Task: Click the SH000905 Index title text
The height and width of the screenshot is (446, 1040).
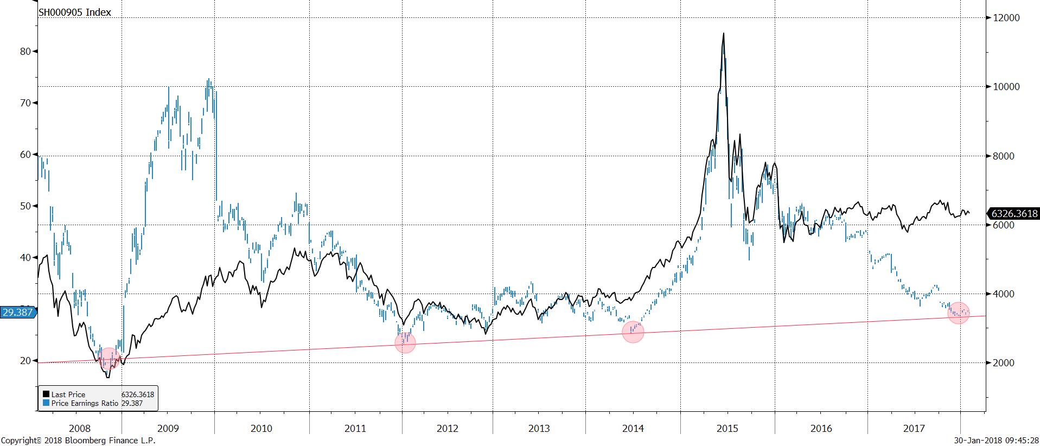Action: point(74,12)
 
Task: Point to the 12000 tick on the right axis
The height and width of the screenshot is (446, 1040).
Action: point(1006,18)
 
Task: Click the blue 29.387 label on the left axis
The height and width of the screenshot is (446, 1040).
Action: point(17,313)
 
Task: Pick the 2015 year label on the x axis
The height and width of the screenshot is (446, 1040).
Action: point(727,429)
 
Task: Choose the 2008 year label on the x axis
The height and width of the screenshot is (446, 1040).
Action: point(80,429)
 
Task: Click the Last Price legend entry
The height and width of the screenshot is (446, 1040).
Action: point(68,394)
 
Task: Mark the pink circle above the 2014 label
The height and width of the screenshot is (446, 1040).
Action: point(633,332)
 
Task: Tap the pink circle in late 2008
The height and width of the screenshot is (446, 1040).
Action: point(109,359)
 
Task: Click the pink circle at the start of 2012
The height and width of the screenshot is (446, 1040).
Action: point(405,342)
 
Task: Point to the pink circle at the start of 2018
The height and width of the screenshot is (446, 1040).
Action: point(958,313)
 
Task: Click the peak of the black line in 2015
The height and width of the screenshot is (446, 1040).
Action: point(723,34)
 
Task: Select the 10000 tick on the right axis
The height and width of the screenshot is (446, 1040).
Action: point(1006,87)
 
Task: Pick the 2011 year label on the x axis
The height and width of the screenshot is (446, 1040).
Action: point(355,429)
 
